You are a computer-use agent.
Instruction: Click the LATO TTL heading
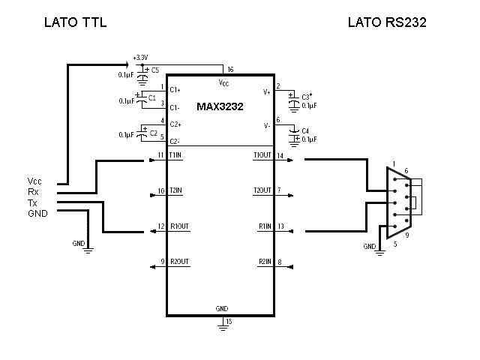(x=76, y=22)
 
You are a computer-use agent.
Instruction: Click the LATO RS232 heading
(x=387, y=22)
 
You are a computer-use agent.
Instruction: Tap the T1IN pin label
(x=176, y=155)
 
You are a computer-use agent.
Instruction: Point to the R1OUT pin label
(x=179, y=226)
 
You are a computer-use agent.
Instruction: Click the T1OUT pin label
(x=262, y=155)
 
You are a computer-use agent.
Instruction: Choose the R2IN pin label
(x=264, y=262)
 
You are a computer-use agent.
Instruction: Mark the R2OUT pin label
(x=179, y=262)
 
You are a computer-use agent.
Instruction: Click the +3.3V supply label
(x=140, y=58)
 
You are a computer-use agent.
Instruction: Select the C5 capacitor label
(x=155, y=70)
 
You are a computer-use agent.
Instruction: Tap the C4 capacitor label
(x=304, y=130)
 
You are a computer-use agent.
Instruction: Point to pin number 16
(x=230, y=69)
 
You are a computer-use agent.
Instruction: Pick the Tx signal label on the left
(x=31, y=202)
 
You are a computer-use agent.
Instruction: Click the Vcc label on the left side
(x=34, y=181)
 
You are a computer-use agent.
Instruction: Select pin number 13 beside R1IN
(x=280, y=226)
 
